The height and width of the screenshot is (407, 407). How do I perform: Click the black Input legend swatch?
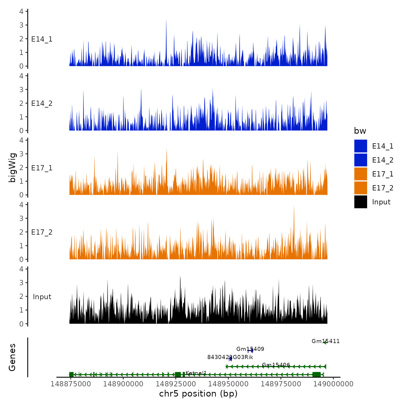click(360, 202)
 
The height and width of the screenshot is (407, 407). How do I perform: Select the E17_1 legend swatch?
click(360, 174)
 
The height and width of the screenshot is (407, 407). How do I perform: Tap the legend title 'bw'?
click(360, 131)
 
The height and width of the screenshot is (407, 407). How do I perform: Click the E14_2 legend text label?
click(383, 160)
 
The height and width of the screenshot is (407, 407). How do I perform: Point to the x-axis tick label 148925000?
click(176, 384)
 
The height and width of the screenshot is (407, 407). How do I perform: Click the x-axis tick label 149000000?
click(333, 384)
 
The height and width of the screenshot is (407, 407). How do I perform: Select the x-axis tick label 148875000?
click(71, 384)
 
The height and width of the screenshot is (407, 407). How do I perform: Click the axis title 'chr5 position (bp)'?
click(198, 394)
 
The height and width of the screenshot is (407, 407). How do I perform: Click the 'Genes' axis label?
click(13, 357)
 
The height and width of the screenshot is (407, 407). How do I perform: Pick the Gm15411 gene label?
click(325, 341)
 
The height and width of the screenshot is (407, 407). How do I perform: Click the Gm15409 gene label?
click(250, 349)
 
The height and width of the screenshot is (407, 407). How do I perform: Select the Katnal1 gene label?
click(196, 373)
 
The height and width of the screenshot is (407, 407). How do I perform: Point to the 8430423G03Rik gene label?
click(230, 357)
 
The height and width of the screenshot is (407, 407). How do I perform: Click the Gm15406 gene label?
click(276, 365)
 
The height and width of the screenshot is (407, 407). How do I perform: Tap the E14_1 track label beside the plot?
click(42, 39)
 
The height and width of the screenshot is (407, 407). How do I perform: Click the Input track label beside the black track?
click(42, 297)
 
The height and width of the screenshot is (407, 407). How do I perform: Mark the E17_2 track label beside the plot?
click(42, 232)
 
